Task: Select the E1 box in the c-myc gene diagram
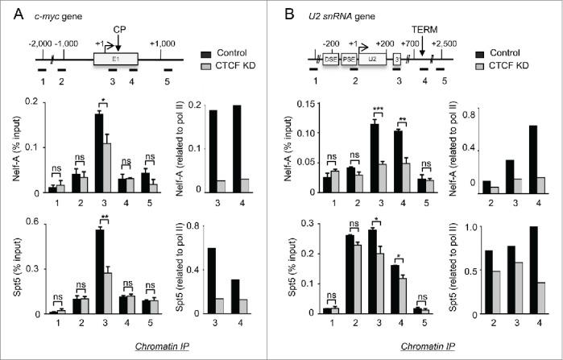(x=115, y=59)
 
